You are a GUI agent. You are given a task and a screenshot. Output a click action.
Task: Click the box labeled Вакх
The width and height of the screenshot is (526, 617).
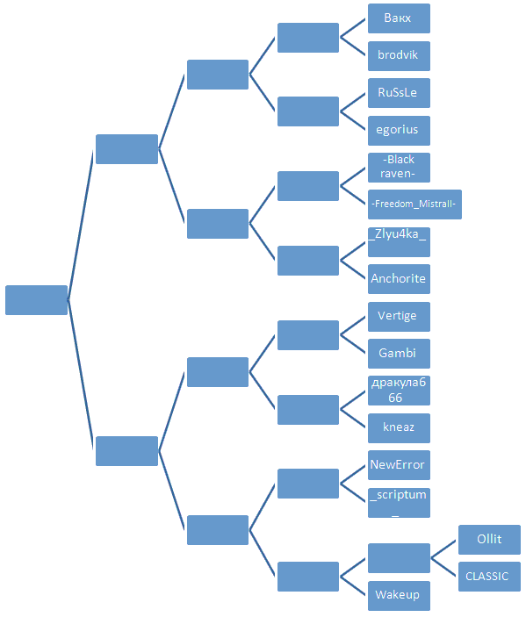(399, 18)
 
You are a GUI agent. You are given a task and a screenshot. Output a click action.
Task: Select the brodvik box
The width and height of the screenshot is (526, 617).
(399, 56)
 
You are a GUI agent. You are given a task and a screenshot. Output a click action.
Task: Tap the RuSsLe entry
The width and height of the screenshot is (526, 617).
(399, 93)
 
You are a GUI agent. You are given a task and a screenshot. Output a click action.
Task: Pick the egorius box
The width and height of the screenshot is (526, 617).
(399, 131)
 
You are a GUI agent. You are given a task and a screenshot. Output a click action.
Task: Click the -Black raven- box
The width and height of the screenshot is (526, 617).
(399, 168)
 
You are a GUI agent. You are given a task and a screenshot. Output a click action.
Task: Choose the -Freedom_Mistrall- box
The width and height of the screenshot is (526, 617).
(414, 204)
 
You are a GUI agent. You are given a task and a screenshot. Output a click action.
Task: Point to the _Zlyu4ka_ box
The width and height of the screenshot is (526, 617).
(399, 242)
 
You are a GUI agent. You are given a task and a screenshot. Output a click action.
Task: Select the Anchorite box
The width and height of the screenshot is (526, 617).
(399, 279)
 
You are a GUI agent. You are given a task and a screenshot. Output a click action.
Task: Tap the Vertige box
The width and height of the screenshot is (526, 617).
(399, 317)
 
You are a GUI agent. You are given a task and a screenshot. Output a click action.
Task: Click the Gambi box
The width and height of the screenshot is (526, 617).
(399, 354)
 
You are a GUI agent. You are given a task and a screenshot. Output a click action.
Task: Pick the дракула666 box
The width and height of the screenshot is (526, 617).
(399, 391)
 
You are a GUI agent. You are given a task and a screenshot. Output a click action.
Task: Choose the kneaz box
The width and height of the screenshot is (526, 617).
(399, 428)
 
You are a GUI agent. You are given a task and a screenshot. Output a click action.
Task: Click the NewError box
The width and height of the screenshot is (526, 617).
(399, 465)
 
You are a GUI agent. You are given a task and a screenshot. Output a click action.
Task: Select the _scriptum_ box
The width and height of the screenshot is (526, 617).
(399, 503)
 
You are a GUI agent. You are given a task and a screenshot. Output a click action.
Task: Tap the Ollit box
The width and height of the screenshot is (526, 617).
(489, 540)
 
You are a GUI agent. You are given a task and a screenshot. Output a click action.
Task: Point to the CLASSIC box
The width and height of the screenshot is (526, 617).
(489, 577)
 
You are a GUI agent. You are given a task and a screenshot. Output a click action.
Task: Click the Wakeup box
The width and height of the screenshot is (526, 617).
(399, 596)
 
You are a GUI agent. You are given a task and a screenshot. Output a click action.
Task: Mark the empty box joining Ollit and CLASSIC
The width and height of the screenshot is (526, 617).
(399, 558)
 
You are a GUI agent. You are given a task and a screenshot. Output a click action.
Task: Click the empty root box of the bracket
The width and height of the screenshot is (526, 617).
(36, 300)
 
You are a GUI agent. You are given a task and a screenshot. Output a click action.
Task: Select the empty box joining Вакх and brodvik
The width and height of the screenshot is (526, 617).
(308, 38)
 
